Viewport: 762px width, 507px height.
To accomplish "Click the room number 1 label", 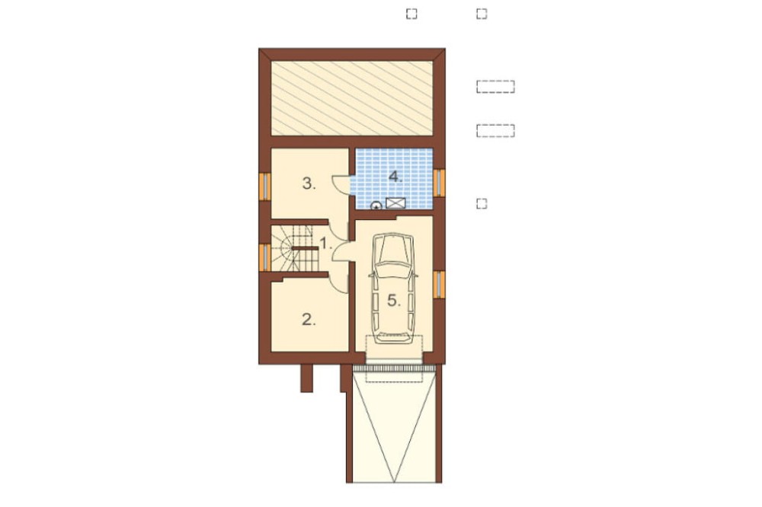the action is tap(326, 242).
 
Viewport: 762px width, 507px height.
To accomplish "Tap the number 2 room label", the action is tap(309, 320).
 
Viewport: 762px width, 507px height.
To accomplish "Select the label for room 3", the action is tap(309, 183).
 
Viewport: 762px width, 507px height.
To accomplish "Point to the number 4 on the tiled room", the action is tap(395, 177).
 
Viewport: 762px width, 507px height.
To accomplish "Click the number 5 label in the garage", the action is tap(394, 301).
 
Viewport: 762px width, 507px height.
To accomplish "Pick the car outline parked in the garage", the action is tap(393, 289).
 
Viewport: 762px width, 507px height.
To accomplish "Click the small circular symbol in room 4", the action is tap(376, 206).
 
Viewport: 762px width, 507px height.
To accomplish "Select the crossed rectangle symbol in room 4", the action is tap(395, 203).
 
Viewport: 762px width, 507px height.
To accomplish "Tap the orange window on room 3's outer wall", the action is tap(265, 186).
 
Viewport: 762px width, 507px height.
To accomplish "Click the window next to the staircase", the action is tap(265, 257).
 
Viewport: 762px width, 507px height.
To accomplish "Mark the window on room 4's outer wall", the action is tap(439, 183).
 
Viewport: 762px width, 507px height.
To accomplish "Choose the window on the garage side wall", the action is tap(439, 284).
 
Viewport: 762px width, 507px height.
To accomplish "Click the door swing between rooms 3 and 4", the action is tap(340, 184).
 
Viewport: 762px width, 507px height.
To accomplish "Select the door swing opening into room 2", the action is tap(339, 282).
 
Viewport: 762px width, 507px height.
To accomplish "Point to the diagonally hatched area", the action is tap(351, 98).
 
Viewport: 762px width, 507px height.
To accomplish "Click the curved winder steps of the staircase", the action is tap(281, 248).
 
